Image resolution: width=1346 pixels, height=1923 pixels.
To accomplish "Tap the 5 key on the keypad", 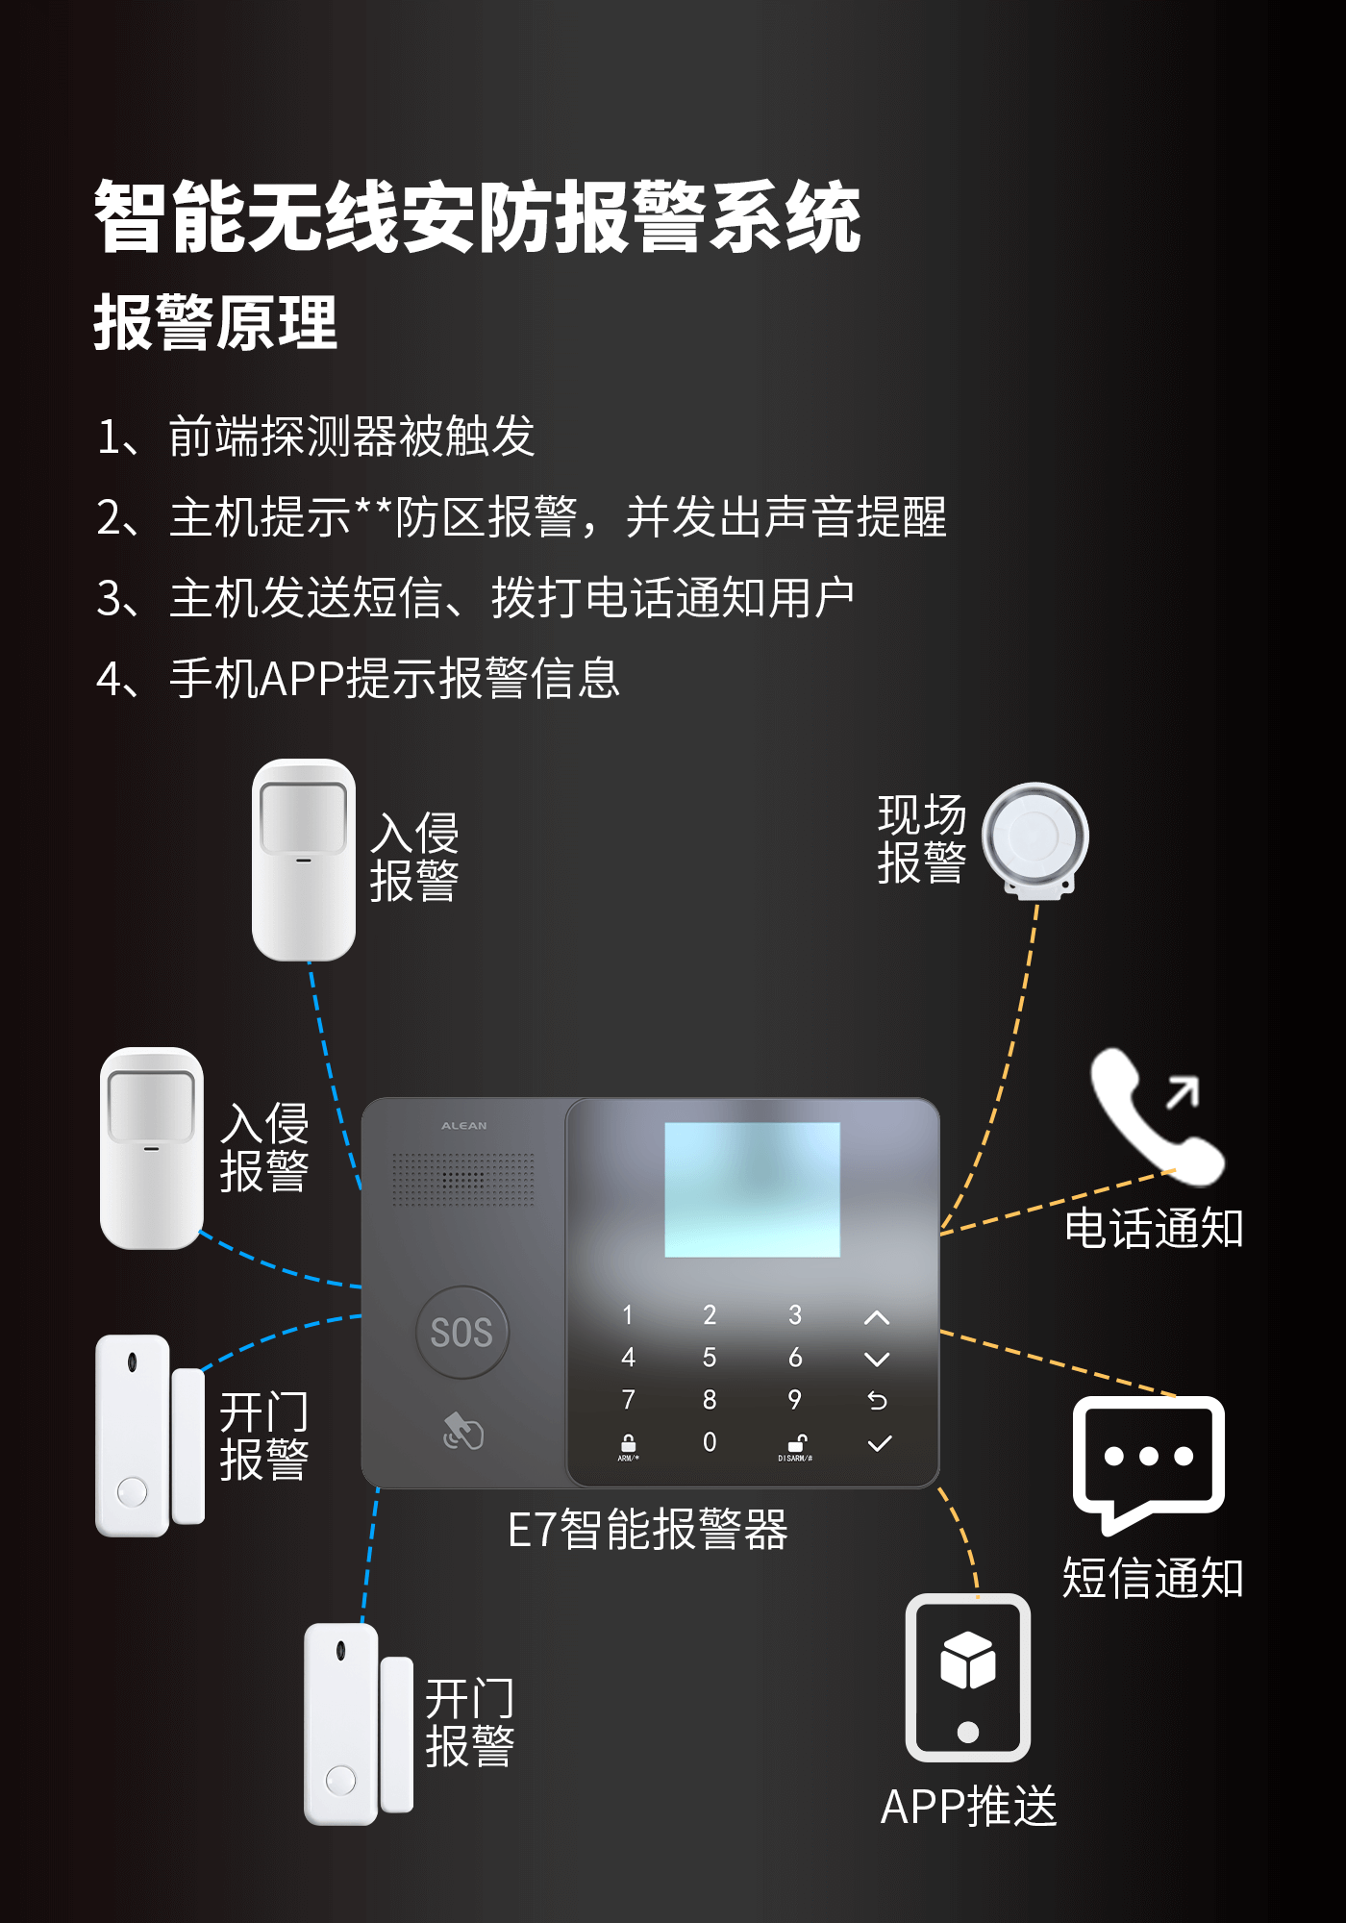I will pyautogui.click(x=710, y=1358).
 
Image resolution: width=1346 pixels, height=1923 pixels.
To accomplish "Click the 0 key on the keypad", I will pyautogui.click(x=710, y=1442).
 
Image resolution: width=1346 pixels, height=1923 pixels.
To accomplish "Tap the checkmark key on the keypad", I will pyautogui.click(x=879, y=1443).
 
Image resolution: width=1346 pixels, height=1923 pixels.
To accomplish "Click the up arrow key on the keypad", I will pyautogui.click(x=877, y=1317).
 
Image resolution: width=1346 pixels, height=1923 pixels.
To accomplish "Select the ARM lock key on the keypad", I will pyautogui.click(x=628, y=1445).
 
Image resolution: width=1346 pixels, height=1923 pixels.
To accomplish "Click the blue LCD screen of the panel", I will pyautogui.click(x=752, y=1189).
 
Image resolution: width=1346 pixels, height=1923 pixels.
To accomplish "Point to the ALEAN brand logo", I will pyautogui.click(x=463, y=1126).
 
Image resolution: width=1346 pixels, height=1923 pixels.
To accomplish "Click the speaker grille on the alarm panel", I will pyautogui.click(x=462, y=1180).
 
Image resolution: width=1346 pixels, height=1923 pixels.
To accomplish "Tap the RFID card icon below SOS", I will pyautogui.click(x=462, y=1432).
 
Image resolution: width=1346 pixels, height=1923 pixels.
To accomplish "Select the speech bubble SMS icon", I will pyautogui.click(x=1148, y=1460).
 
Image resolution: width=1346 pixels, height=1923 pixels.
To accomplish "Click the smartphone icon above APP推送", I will pyautogui.click(x=968, y=1678).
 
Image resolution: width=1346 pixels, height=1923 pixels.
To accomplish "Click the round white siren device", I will pyautogui.click(x=1034, y=837).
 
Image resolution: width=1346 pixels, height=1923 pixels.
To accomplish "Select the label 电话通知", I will pyautogui.click(x=1154, y=1229).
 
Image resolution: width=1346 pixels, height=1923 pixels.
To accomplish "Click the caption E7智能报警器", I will pyautogui.click(x=647, y=1530).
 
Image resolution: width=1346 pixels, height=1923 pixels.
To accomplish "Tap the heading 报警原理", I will pyautogui.click(x=215, y=323).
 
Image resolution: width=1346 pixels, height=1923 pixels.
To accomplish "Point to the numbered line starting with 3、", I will pyautogui.click(x=475, y=598).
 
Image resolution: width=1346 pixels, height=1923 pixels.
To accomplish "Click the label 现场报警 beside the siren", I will pyautogui.click(x=921, y=839).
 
